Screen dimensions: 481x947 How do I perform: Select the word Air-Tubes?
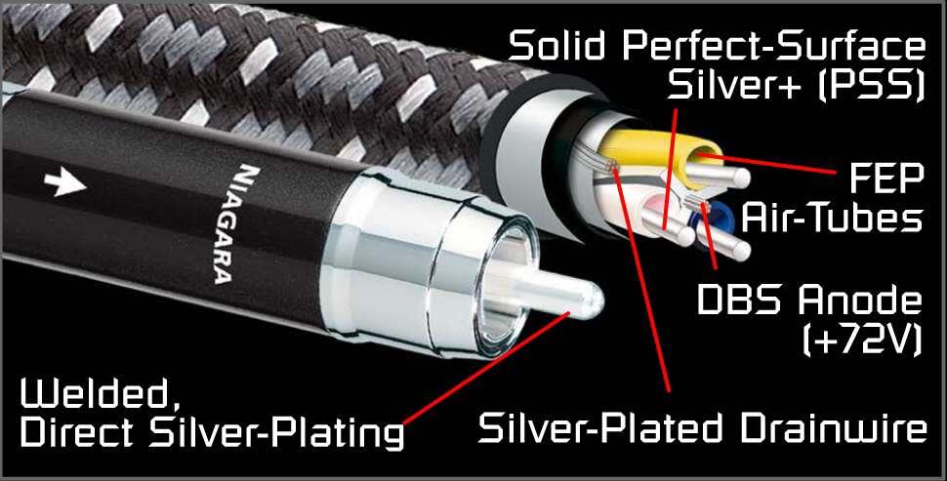(832, 219)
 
